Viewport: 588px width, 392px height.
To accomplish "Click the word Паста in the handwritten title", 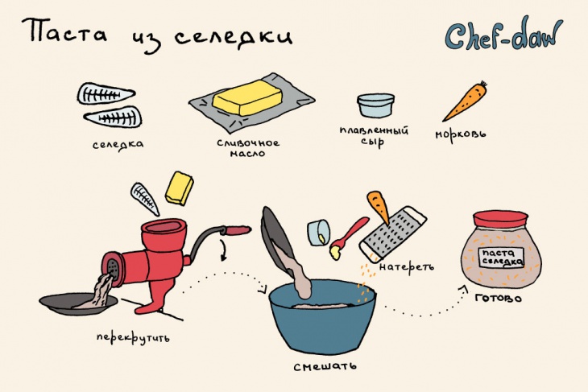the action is click(64, 31).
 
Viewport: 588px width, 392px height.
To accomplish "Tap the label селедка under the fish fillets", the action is click(118, 145).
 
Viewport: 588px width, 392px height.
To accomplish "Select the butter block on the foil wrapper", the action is click(247, 98).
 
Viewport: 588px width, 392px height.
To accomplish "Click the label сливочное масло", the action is click(248, 148).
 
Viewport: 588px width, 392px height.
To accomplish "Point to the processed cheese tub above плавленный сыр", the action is click(375, 105).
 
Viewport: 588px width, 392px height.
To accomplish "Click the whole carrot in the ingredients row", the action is click(465, 101).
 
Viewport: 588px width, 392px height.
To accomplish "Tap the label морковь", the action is click(461, 134).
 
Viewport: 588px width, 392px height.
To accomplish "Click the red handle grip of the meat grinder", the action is click(236, 230).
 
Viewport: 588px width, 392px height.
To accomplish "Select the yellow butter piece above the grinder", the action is click(180, 188).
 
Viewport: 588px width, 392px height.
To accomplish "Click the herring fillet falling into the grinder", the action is click(145, 199).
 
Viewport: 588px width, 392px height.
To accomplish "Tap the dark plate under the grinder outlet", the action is click(78, 304).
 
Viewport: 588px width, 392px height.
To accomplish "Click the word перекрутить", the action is click(133, 337).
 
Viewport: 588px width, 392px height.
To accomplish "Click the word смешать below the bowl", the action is click(325, 366).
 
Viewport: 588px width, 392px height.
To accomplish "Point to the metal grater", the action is click(392, 233).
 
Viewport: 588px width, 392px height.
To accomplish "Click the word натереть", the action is click(407, 266).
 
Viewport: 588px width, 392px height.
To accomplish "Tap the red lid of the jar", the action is click(500, 220).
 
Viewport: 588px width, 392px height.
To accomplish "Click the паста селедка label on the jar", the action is click(501, 257).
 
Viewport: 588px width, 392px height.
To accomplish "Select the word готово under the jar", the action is click(498, 298).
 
